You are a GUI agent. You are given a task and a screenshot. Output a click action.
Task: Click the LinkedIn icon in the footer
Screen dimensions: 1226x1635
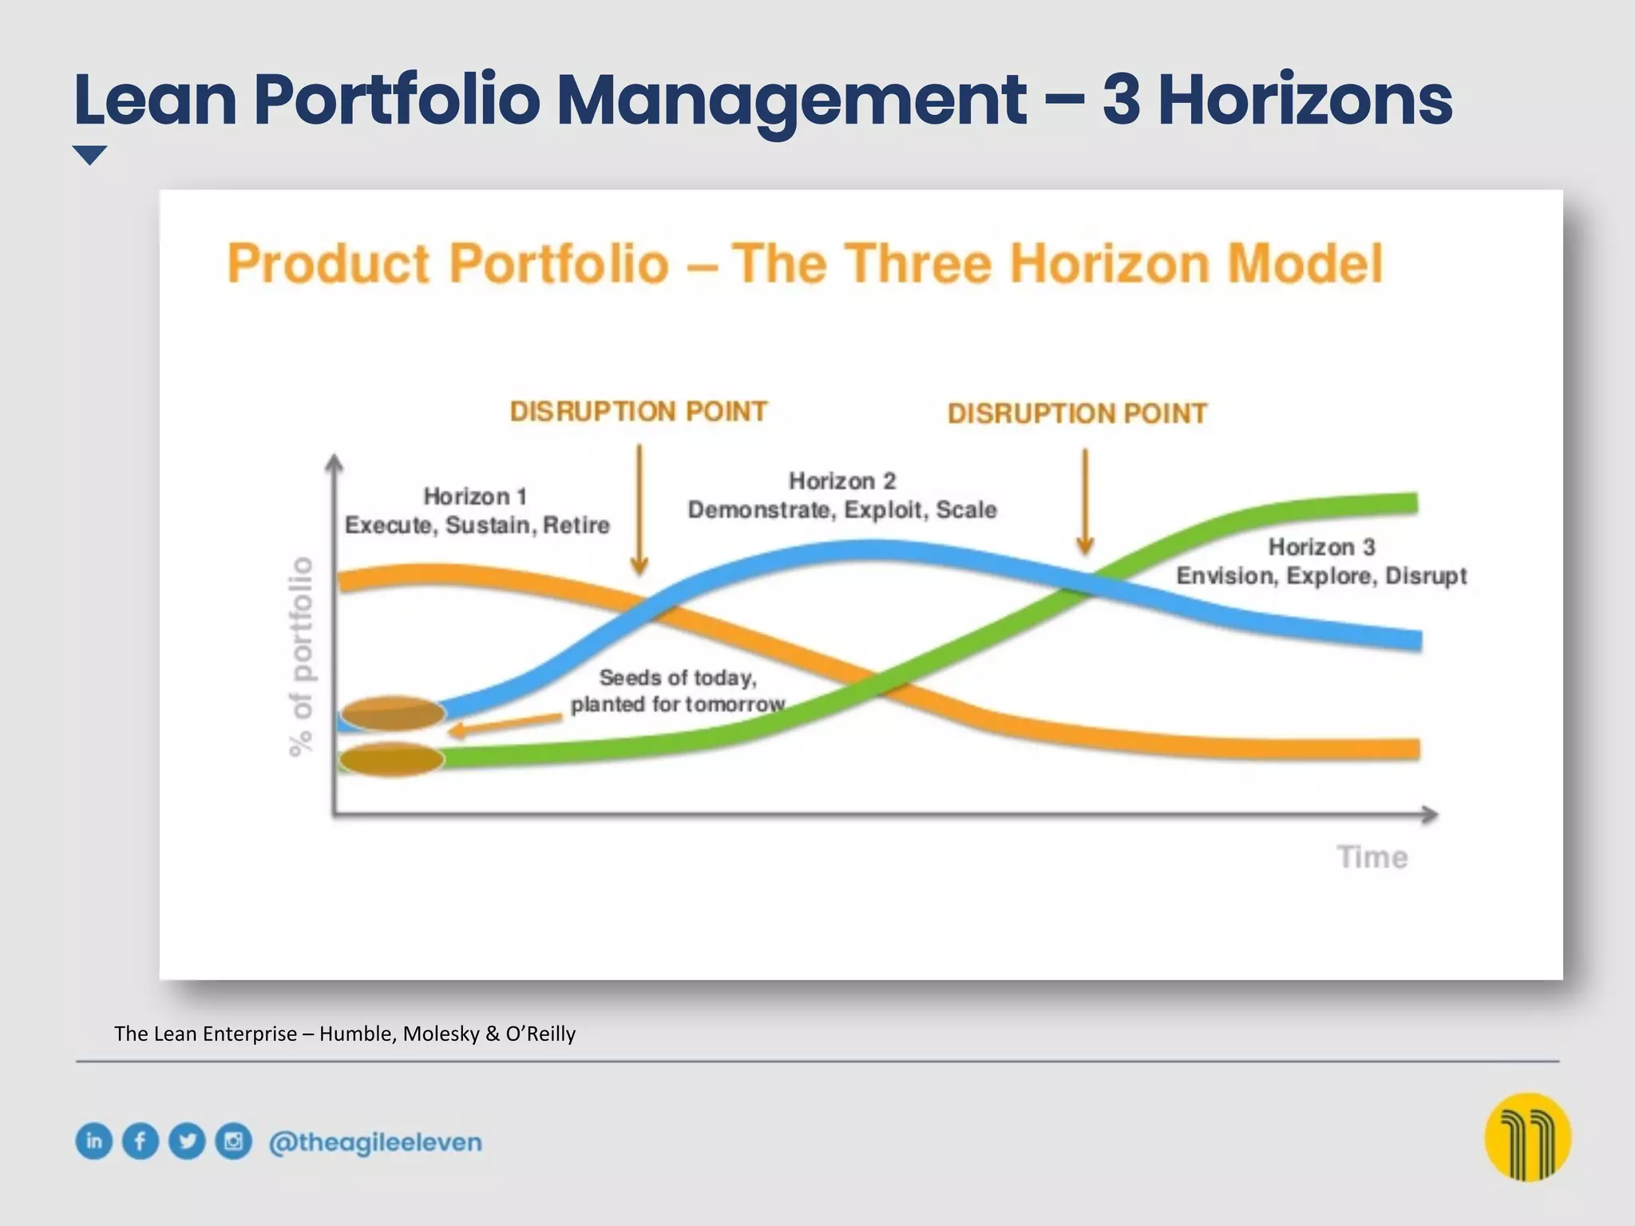pyautogui.click(x=94, y=1141)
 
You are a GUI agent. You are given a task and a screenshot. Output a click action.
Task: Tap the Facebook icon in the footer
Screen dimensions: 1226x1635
pyautogui.click(x=141, y=1141)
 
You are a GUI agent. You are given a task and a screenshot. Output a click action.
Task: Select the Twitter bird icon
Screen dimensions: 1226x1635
pyautogui.click(x=187, y=1141)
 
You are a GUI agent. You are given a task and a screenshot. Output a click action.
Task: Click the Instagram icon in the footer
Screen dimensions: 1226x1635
pyautogui.click(x=233, y=1141)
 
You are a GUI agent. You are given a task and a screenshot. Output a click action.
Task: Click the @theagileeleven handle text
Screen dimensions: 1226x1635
pyautogui.click(x=375, y=1142)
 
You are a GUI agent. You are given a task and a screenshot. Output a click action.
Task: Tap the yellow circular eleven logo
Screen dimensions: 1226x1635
pyautogui.click(x=1527, y=1137)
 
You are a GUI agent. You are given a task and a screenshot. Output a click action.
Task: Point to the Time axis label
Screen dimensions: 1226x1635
pyautogui.click(x=1372, y=857)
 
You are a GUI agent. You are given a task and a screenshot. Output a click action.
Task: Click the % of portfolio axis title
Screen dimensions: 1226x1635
pyautogui.click(x=301, y=656)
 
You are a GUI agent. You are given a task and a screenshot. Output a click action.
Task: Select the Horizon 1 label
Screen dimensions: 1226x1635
pyautogui.click(x=476, y=496)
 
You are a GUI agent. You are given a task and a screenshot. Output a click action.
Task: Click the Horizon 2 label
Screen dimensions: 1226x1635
pyautogui.click(x=842, y=481)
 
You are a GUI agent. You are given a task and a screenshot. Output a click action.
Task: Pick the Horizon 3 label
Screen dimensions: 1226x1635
pyautogui.click(x=1321, y=548)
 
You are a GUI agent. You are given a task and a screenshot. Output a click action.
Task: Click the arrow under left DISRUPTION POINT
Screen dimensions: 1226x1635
pyautogui.click(x=639, y=511)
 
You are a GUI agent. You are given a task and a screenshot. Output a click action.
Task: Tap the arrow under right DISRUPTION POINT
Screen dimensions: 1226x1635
pyautogui.click(x=1085, y=501)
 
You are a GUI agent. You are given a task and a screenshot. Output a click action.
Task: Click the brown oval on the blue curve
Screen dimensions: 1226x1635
pyautogui.click(x=393, y=713)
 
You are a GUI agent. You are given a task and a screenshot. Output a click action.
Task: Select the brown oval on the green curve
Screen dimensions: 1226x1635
pyautogui.click(x=391, y=759)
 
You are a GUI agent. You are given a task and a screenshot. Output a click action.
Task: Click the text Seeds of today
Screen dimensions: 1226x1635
pyautogui.click(x=677, y=678)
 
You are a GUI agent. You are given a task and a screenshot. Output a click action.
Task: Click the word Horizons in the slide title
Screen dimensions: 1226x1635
pyautogui.click(x=1304, y=101)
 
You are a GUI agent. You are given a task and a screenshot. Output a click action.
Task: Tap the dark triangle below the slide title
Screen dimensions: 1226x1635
pyautogui.click(x=89, y=155)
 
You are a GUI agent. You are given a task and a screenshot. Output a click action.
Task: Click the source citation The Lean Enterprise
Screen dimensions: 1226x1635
pyautogui.click(x=344, y=1034)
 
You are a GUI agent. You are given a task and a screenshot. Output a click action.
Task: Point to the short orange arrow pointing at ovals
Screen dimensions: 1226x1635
pyautogui.click(x=505, y=724)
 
